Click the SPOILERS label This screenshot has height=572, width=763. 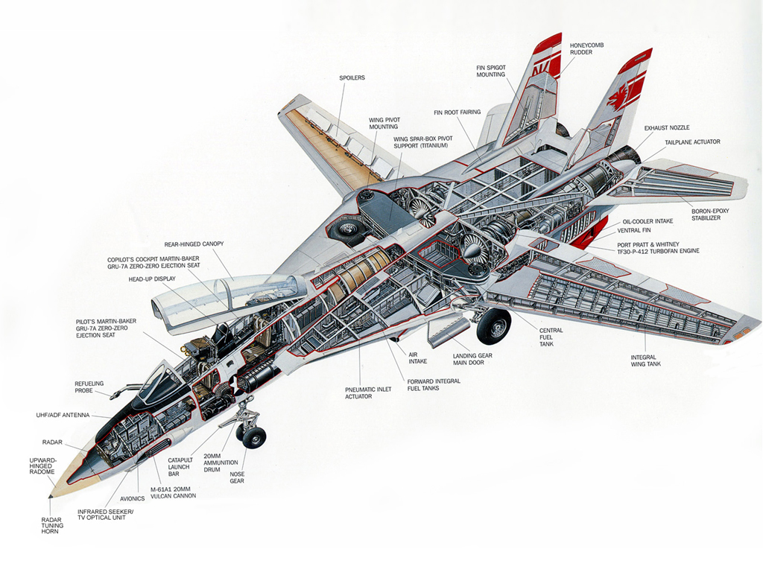coord(352,77)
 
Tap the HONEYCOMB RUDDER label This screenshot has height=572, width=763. coord(587,48)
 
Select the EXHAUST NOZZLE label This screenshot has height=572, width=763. coord(667,128)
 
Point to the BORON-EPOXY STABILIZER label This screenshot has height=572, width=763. coord(710,214)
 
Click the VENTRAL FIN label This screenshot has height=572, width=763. coord(633,231)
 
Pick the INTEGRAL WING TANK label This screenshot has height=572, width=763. coord(645,360)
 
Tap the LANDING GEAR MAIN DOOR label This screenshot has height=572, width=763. coord(472,359)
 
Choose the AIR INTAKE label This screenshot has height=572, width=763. coord(417,357)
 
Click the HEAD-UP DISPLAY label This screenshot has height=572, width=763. coord(152,279)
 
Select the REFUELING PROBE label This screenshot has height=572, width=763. coord(89,387)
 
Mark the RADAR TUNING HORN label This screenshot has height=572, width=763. coord(52,526)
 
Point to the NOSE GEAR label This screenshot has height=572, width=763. coord(237,477)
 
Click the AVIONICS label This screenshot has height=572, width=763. coord(133,498)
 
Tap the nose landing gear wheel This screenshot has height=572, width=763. coord(253,437)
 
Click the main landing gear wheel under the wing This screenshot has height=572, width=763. coord(493,326)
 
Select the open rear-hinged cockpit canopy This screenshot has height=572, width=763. coord(229,300)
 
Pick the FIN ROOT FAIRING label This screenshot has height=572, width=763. coord(457,112)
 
